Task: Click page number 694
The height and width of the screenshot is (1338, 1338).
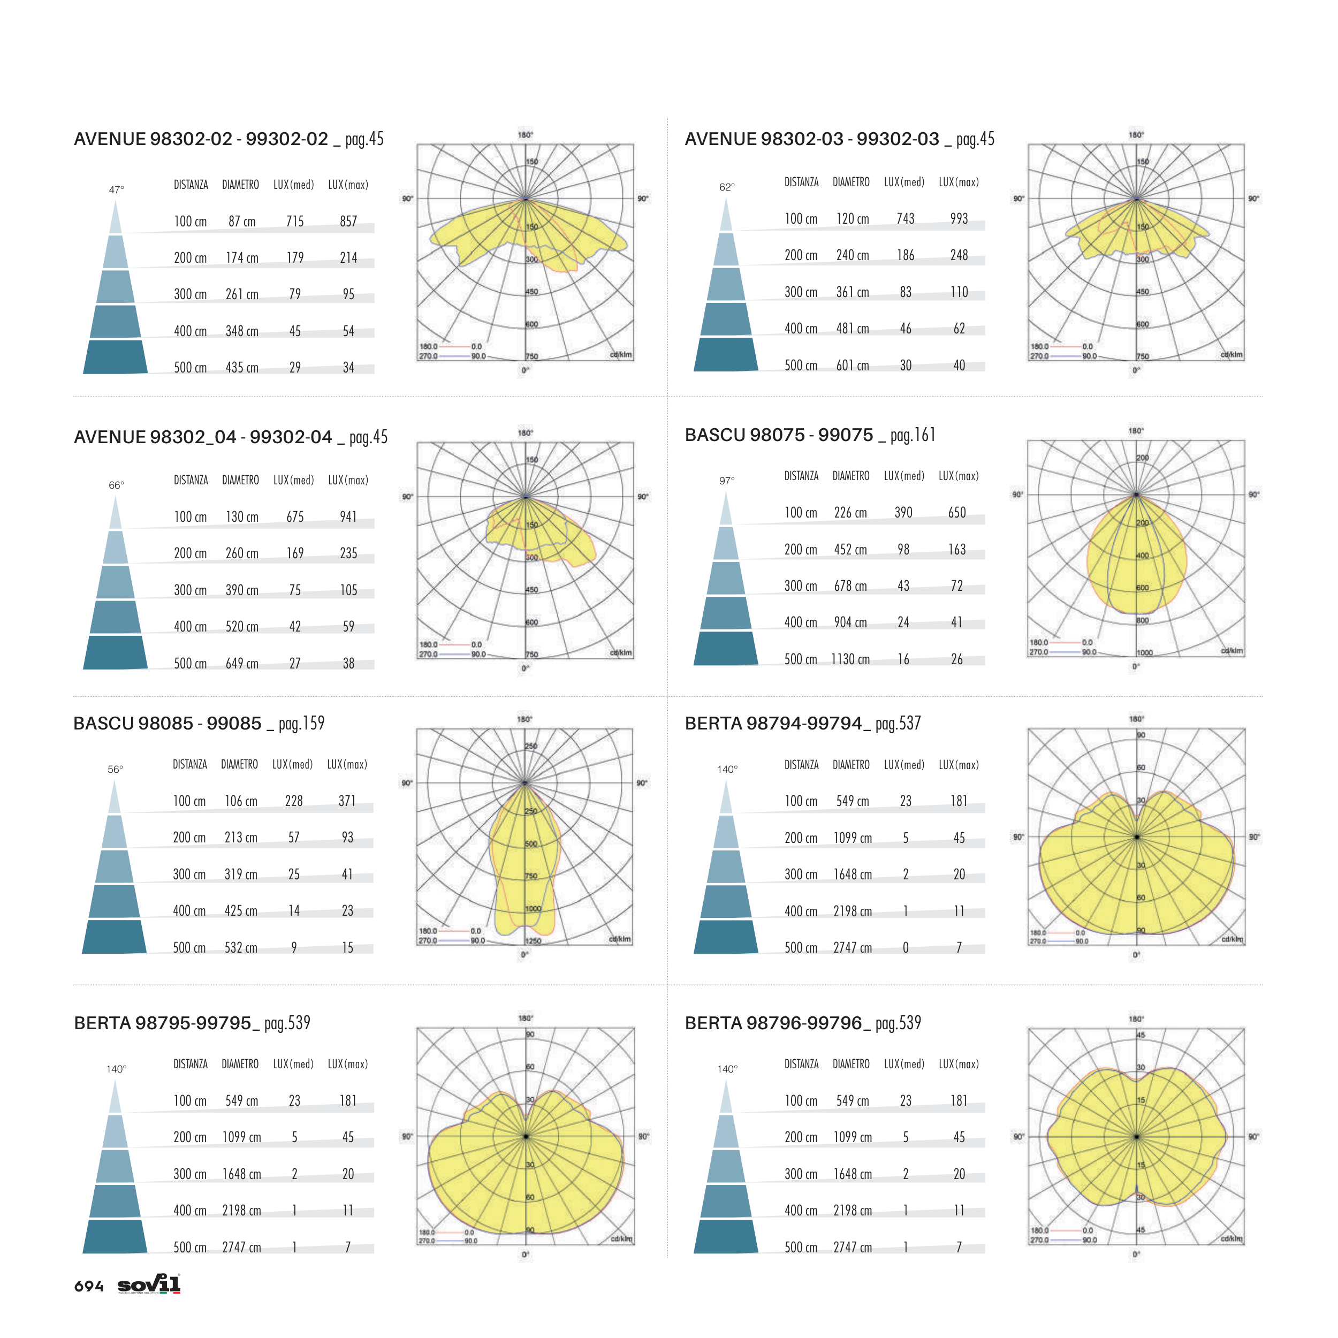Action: pyautogui.click(x=89, y=1286)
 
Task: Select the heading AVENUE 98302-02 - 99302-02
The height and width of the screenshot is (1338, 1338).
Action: pyautogui.click(x=201, y=139)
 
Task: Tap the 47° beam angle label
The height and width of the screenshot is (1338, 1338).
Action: pyautogui.click(x=116, y=189)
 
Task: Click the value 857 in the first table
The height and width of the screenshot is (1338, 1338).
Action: pyautogui.click(x=348, y=222)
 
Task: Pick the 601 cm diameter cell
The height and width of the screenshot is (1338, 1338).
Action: pyautogui.click(x=853, y=366)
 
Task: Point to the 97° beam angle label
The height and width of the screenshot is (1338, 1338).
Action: pyautogui.click(x=726, y=481)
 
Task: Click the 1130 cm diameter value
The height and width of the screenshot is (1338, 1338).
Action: pyautogui.click(x=850, y=659)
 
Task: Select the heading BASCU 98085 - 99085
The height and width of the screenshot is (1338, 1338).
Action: pyautogui.click(x=168, y=724)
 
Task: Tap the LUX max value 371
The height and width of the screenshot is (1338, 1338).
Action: pyautogui.click(x=347, y=801)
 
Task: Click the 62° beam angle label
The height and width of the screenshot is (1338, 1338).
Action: pyautogui.click(x=726, y=187)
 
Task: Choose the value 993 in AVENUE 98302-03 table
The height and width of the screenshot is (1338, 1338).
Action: pyautogui.click(x=959, y=219)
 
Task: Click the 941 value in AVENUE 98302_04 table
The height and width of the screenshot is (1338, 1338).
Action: pyautogui.click(x=348, y=516)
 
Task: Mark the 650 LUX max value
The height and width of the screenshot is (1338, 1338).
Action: pyautogui.click(x=957, y=513)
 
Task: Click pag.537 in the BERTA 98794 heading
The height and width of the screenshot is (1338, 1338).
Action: pyautogui.click(x=898, y=724)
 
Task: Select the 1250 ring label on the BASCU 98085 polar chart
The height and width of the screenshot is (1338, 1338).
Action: pyautogui.click(x=533, y=940)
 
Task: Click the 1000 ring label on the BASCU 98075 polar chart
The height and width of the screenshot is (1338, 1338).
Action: pyautogui.click(x=1144, y=652)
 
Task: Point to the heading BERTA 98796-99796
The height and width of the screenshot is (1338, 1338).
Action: pyautogui.click(x=773, y=1023)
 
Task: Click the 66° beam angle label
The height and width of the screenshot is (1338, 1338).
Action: pyautogui.click(x=116, y=485)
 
